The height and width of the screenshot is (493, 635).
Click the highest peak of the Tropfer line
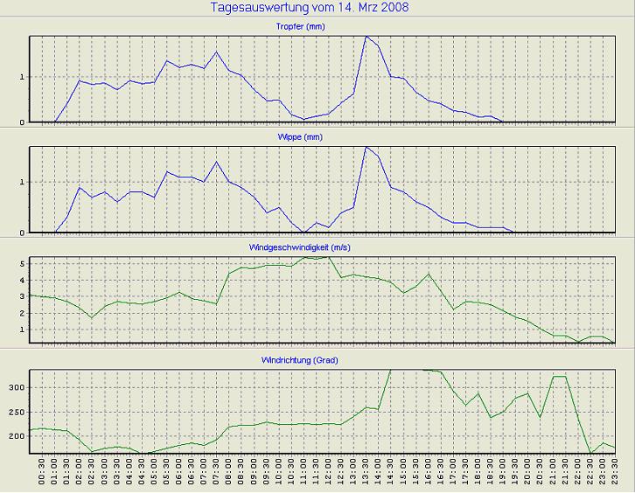click(x=366, y=37)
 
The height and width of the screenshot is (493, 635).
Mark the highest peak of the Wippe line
click(x=366, y=147)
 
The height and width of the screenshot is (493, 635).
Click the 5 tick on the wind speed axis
click(x=20, y=263)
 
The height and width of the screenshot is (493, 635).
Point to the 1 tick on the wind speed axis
click(x=20, y=330)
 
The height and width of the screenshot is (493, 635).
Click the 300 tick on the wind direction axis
click(x=15, y=387)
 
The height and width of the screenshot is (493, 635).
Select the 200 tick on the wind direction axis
click(x=15, y=435)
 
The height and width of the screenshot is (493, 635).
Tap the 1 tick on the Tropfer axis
click(x=20, y=78)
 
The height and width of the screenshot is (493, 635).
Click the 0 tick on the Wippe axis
click(x=20, y=233)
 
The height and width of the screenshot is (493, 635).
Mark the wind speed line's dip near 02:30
click(x=92, y=317)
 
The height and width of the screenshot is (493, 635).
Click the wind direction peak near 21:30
click(x=559, y=377)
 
